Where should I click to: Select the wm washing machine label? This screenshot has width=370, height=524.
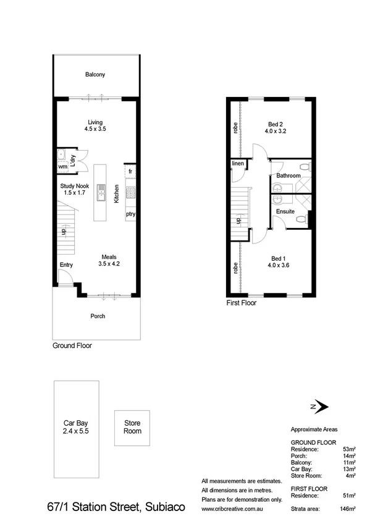(x=62, y=166)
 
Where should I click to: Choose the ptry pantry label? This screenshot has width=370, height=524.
(x=130, y=214)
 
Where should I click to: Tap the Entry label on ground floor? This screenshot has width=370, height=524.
(x=66, y=265)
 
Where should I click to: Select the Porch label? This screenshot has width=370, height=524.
(x=98, y=316)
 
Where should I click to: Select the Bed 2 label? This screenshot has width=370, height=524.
(x=275, y=123)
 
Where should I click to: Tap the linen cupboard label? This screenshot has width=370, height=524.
(x=238, y=163)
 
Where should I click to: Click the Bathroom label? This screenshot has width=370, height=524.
(x=288, y=176)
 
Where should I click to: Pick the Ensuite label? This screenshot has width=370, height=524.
(x=285, y=211)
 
